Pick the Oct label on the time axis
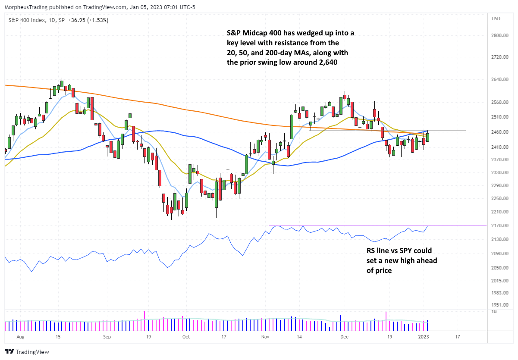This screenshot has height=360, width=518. [186, 338]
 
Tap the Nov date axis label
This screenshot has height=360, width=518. [266, 338]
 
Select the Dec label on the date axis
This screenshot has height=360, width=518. [344, 338]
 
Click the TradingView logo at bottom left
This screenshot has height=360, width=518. [27, 352]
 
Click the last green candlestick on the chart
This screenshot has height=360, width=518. [427, 137]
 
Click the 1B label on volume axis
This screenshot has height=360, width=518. [494, 311]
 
